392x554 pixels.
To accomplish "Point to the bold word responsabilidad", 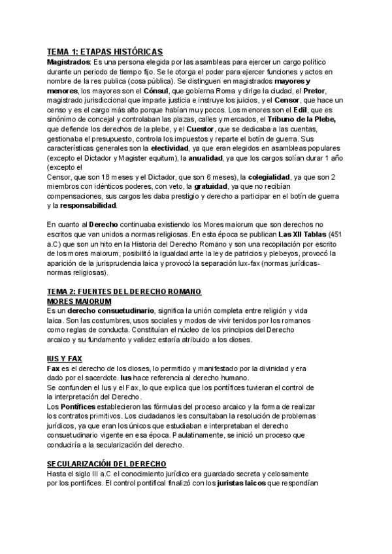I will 89,206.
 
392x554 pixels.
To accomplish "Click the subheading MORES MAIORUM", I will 79,301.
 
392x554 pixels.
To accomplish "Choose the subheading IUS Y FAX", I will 65,359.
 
